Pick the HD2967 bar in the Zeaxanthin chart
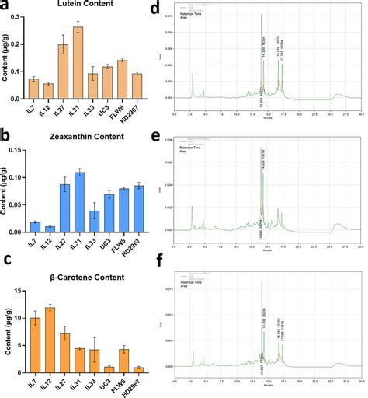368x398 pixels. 136,208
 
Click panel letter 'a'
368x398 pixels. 5,7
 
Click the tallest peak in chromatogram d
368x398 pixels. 262,15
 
